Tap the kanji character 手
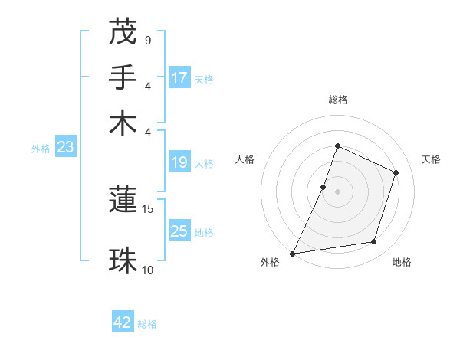coord(123,77)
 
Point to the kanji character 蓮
coord(123,200)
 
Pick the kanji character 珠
coord(123,260)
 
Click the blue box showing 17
coord(179,78)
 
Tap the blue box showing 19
coord(179,162)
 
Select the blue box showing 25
coord(179,231)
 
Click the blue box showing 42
coord(123,322)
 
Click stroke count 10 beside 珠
coord(148,270)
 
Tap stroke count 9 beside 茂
coord(147,40)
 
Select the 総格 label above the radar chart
coord(337,100)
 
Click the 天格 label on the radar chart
coord(431,159)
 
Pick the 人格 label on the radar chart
coord(245,159)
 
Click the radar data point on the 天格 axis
coord(396,172)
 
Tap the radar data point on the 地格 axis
coord(374,242)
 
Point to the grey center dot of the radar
coord(337,191)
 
